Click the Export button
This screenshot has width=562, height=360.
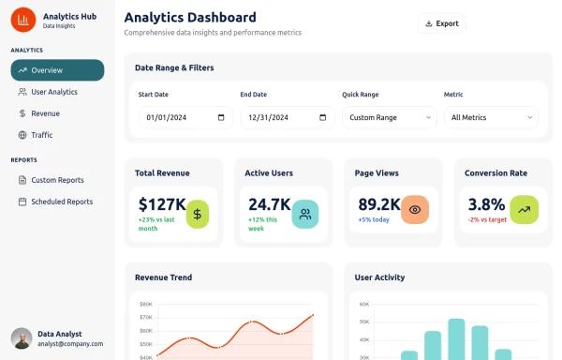(x=441, y=23)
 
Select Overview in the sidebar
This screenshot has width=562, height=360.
(x=57, y=70)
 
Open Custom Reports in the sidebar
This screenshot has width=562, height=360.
(x=57, y=180)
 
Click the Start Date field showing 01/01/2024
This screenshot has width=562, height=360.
(x=185, y=118)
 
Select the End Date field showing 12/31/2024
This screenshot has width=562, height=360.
(x=287, y=118)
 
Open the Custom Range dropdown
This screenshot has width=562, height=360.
(x=389, y=118)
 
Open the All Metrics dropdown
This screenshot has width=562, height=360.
(x=491, y=118)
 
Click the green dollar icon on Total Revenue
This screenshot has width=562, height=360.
(x=197, y=214)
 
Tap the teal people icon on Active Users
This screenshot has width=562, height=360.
(x=305, y=214)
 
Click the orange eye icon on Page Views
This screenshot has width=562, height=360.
(x=415, y=211)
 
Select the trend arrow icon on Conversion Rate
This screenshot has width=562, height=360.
(x=525, y=211)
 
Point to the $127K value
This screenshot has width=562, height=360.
(x=162, y=203)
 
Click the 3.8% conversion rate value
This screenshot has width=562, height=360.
(x=486, y=203)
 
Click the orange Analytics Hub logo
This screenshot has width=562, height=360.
(x=23, y=20)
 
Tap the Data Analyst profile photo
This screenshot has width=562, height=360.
(x=21, y=338)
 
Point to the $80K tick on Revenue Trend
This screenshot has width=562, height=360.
(x=145, y=304)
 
